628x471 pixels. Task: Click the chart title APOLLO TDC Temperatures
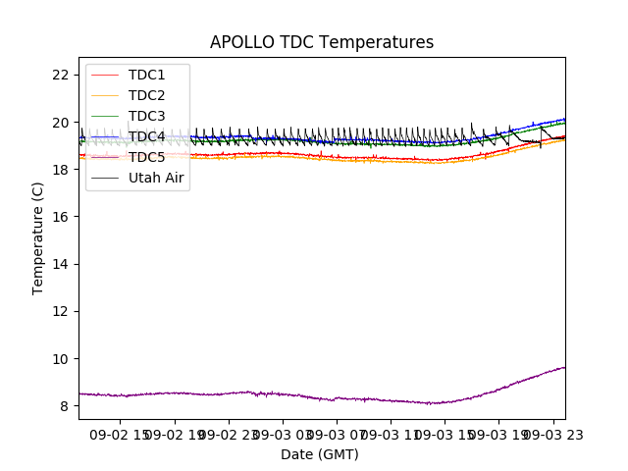[322, 43]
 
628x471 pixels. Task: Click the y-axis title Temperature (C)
[38, 237]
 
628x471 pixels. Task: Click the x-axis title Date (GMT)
[320, 454]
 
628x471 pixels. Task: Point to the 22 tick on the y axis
[60, 75]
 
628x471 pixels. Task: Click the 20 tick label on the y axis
[60, 122]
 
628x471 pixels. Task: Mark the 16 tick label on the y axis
[60, 217]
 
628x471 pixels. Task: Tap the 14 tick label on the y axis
[60, 264]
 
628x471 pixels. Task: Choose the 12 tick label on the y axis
[60, 311]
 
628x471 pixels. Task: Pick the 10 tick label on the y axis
[60, 358]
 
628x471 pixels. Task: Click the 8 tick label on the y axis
[64, 405]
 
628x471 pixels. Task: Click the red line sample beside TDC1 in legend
[106, 75]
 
